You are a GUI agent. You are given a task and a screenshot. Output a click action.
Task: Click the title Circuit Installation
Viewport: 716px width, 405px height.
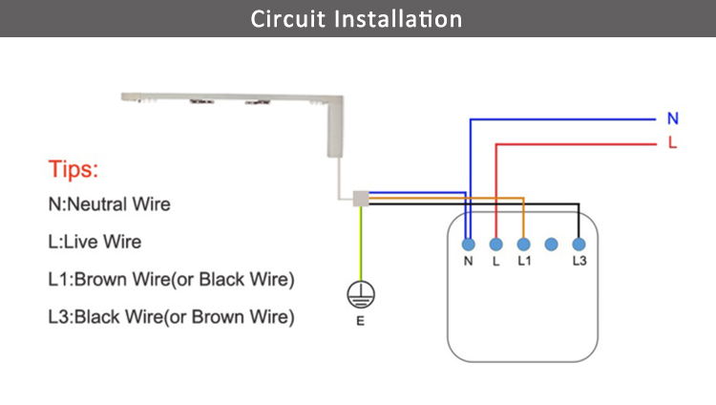point(356,19)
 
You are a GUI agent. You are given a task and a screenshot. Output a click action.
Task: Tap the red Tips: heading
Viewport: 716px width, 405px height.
point(74,169)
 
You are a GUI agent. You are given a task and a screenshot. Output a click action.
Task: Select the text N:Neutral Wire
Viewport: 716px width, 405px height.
point(109,203)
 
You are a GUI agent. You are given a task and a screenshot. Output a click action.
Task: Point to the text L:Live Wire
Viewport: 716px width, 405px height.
point(95,242)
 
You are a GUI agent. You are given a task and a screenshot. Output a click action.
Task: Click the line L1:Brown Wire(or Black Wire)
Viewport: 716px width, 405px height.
point(171,279)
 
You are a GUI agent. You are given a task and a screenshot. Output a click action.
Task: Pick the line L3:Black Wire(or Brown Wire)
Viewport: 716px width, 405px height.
point(171,317)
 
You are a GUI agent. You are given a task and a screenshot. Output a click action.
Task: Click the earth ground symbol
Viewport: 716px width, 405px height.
point(361,294)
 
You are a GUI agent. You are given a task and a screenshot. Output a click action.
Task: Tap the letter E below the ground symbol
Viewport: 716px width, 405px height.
point(360,321)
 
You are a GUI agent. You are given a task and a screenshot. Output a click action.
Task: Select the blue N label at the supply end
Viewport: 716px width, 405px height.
point(673,118)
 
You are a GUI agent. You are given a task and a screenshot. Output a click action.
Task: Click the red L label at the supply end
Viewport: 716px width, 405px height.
point(672,142)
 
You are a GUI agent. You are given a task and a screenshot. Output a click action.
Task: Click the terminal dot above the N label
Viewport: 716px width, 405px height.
point(469,245)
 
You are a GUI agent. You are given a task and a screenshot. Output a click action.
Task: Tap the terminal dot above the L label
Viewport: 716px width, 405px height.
point(495,245)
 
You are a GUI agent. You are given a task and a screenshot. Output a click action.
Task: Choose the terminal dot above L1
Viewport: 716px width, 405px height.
point(524,245)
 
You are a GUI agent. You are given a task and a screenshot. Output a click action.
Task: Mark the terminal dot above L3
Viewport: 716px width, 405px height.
point(579,245)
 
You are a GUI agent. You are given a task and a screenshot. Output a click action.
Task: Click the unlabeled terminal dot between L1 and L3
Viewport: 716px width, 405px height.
point(551,245)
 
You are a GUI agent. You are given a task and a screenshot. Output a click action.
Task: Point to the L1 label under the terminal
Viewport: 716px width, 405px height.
point(524,261)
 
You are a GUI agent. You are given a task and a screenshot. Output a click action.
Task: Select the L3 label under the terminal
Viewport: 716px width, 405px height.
point(579,261)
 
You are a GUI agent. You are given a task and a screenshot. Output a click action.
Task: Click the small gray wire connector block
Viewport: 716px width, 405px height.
point(361,199)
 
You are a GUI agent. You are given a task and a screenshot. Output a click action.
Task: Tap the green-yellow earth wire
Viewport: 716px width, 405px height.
point(361,244)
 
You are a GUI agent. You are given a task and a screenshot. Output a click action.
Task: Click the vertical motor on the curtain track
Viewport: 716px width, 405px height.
point(335,127)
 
